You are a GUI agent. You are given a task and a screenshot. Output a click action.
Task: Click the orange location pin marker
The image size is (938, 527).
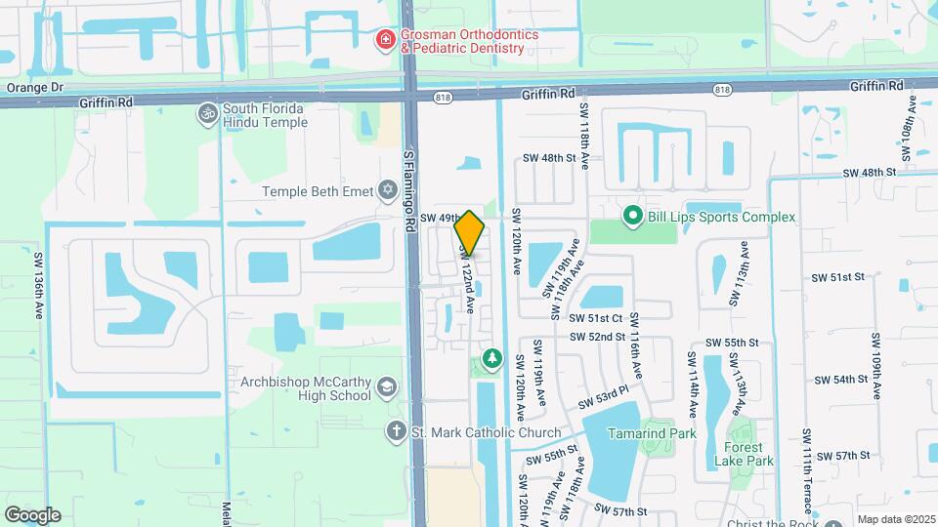[x=470, y=233]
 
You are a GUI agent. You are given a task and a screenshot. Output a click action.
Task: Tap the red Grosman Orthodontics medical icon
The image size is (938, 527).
[x=386, y=40]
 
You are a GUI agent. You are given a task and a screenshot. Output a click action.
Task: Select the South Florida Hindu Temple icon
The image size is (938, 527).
[x=206, y=114]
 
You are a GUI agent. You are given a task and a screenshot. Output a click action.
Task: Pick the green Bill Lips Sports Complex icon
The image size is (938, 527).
[x=632, y=216]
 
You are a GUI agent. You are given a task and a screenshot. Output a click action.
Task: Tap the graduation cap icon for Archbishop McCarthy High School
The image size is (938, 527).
[x=387, y=388]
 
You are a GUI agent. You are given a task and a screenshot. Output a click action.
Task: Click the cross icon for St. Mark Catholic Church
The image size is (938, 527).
[x=397, y=432]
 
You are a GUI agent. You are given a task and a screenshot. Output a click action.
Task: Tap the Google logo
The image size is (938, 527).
[x=32, y=514]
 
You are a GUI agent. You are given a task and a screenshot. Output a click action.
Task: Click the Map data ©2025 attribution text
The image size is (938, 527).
[x=895, y=519]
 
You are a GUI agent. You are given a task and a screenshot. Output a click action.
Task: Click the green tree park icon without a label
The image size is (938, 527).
[x=490, y=359]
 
